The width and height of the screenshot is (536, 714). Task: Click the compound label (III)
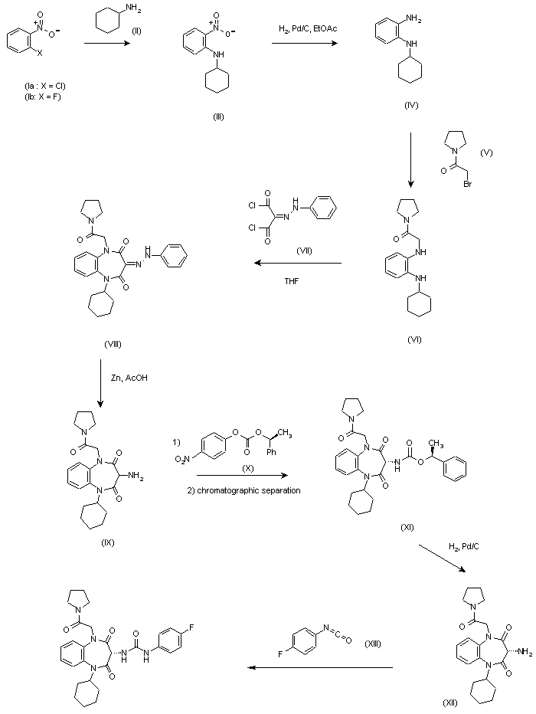pos(218,116)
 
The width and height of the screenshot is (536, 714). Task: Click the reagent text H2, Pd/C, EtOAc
pos(308,28)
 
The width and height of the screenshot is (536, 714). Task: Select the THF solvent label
pos(293,280)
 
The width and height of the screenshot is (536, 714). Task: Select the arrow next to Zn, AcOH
pos(102,383)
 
